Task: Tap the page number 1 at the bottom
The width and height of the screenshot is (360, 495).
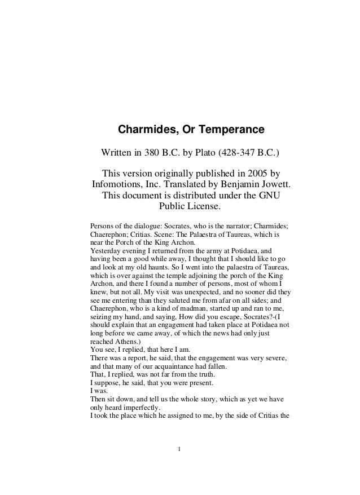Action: tap(179, 449)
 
